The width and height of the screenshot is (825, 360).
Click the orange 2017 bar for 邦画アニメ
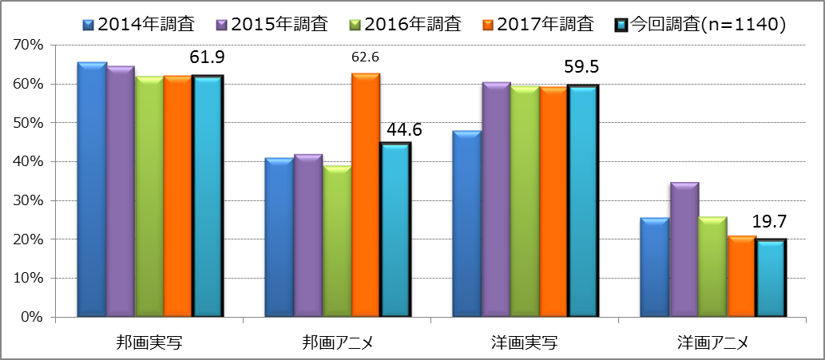pyautogui.click(x=366, y=196)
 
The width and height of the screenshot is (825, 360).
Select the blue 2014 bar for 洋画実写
pyautogui.click(x=467, y=224)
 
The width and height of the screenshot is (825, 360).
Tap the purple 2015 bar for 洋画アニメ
pyautogui.click(x=684, y=250)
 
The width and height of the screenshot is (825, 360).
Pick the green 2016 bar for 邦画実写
pyautogui.click(x=149, y=196)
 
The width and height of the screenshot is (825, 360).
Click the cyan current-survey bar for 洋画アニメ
pyautogui.click(x=771, y=278)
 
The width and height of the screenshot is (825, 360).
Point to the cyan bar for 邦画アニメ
pyautogui.click(x=395, y=230)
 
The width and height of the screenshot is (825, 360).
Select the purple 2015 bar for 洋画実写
pyautogui.click(x=496, y=200)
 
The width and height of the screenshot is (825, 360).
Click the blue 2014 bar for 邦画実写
pyautogui.click(x=92, y=189)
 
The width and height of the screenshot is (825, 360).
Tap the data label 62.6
pyautogui.click(x=366, y=57)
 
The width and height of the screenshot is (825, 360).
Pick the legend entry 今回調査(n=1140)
pyautogui.click(x=707, y=24)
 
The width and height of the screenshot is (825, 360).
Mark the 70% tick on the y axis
pyautogui.click(x=28, y=45)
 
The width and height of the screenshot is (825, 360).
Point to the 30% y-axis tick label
pyautogui.click(x=28, y=200)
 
